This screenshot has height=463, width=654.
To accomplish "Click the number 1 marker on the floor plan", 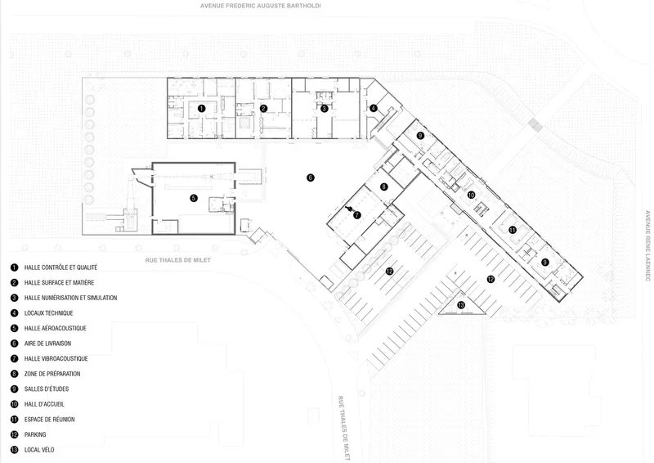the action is [x=201, y=109].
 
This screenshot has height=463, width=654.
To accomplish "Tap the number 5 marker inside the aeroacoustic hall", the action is [x=194, y=198].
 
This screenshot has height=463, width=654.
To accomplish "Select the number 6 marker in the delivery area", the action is [x=311, y=178].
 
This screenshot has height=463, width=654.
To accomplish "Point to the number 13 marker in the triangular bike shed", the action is [x=461, y=305].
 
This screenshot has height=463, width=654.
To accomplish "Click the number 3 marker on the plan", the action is [x=325, y=109].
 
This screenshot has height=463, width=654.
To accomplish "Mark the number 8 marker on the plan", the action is [x=383, y=187].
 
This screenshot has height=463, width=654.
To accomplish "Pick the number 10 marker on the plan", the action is [x=472, y=195].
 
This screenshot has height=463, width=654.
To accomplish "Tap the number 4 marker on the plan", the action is [x=374, y=108].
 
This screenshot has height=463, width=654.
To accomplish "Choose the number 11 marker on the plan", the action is [x=513, y=230].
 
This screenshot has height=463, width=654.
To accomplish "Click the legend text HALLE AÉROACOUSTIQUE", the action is [x=56, y=328].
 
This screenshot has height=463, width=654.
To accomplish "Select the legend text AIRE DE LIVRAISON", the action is [x=47, y=344].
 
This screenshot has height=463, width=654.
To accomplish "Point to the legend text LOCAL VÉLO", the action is [x=39, y=450].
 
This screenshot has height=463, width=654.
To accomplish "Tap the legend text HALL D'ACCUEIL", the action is [x=44, y=404].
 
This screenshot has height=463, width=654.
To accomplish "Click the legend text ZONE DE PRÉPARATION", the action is [x=52, y=374].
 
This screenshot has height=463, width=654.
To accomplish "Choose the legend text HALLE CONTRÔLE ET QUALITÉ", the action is [x=60, y=267].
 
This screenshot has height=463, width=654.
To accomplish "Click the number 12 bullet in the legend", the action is [x=15, y=434].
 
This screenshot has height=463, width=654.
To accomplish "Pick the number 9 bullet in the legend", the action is [x=15, y=389].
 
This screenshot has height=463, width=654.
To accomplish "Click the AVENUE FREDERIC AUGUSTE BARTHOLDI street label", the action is [x=261, y=6].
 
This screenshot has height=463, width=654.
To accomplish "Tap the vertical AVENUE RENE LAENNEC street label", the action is [x=647, y=245].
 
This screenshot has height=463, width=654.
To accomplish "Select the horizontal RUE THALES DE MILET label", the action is [x=178, y=260].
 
